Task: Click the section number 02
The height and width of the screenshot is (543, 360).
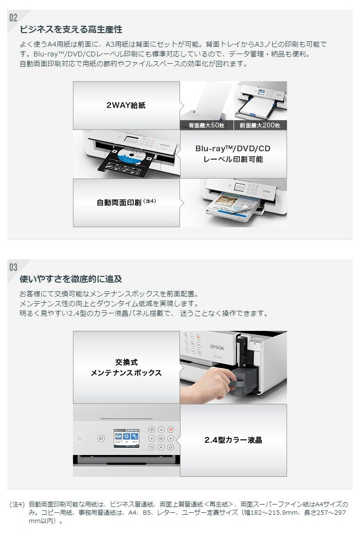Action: click(x=13, y=18)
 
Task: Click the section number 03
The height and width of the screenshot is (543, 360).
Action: click(x=13, y=267)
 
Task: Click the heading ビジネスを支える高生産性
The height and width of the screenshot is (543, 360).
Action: click(x=71, y=29)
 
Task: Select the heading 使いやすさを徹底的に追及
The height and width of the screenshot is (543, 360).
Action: click(x=71, y=279)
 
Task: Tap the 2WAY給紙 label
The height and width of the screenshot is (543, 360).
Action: click(x=126, y=105)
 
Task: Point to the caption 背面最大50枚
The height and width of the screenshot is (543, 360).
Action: click(x=207, y=126)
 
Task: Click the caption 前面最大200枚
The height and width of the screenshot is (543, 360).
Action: click(x=260, y=126)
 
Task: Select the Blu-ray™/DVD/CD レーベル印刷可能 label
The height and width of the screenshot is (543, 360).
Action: click(x=233, y=154)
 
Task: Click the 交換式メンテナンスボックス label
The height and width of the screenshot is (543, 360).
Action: click(x=126, y=367)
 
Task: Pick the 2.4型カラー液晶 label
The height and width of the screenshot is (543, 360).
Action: click(x=233, y=440)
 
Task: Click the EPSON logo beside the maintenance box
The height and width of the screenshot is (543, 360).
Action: click(x=217, y=347)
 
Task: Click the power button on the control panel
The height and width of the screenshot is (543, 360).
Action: click(x=79, y=438)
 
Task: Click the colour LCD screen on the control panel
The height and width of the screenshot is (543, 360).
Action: click(x=126, y=438)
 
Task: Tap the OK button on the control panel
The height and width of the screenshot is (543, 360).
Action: click(x=161, y=438)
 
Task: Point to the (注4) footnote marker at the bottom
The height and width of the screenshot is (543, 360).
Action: click(x=18, y=505)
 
